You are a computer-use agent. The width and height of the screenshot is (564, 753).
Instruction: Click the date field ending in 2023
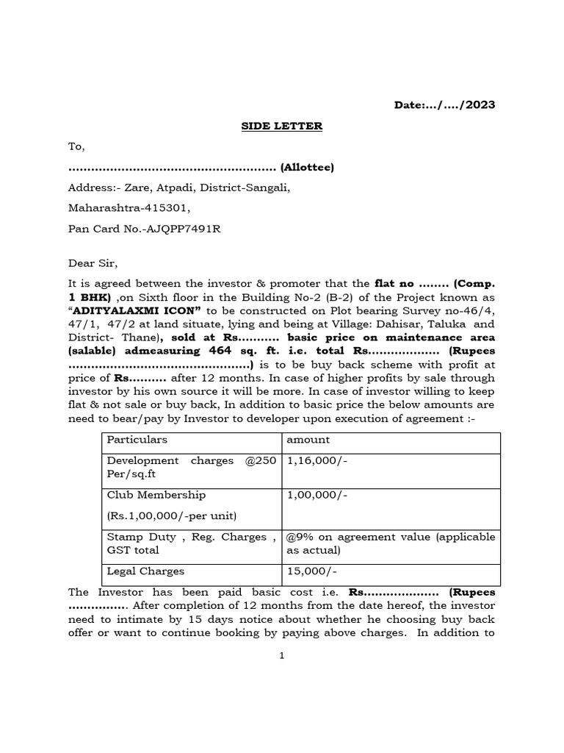pos(445,105)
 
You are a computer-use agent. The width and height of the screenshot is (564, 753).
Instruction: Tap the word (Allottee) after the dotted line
pos(307,168)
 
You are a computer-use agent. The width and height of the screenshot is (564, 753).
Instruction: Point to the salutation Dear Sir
pos(93,263)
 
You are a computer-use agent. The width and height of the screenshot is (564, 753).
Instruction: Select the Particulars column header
pos(137,440)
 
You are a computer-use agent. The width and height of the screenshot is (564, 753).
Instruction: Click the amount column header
pos(308,440)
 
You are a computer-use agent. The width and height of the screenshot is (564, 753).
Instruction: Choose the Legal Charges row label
pos(146,571)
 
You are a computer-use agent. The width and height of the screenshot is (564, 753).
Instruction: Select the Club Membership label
pos(156,495)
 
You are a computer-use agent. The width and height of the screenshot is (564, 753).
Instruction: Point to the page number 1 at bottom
pos(281,656)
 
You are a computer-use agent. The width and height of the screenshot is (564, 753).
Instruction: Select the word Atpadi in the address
pos(173,188)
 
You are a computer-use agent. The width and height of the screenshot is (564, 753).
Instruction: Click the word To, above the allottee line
pos(76,147)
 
